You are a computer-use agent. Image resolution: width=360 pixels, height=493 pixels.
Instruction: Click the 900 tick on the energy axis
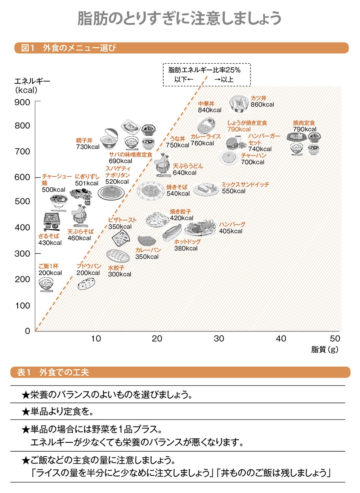22,102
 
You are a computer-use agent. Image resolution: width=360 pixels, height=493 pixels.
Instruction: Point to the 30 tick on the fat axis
219,339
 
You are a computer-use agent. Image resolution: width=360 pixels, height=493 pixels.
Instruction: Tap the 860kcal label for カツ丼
262,105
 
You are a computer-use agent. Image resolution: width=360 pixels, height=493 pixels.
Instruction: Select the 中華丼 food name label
206,104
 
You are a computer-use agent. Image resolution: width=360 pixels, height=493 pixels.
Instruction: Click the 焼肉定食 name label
304,123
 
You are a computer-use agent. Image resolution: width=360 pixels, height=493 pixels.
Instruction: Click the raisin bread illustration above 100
86,284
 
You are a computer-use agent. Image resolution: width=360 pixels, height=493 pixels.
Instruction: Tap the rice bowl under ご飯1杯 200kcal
46,284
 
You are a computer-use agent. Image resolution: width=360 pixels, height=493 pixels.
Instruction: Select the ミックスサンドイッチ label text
245,185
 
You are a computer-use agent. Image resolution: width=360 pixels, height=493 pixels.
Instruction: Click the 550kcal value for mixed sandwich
234,191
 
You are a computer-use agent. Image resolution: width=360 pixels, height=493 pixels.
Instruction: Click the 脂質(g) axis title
325,349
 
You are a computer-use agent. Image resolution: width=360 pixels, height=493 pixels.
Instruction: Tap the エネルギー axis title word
32,81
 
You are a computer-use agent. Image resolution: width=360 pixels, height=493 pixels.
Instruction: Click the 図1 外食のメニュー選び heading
68,48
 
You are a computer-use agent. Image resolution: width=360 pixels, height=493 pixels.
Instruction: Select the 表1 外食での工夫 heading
53,372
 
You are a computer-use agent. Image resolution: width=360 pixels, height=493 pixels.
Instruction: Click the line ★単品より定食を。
58,411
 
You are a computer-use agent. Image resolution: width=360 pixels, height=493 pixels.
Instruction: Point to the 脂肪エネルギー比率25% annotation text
204,70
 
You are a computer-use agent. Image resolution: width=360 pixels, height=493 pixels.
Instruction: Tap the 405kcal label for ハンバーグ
230,231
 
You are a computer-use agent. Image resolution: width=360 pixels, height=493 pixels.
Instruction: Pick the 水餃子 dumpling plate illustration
118,256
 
